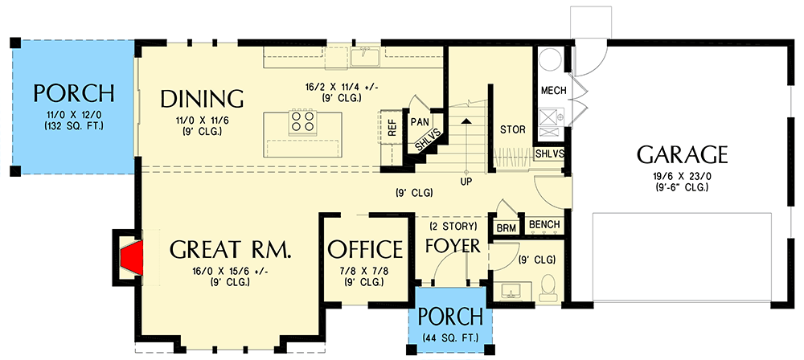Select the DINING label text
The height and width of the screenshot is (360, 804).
tap(202, 98)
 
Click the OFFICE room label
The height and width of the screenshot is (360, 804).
tap(365, 249)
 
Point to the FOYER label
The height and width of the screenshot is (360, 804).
tap(453, 244)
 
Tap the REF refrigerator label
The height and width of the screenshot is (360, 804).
tap(392, 126)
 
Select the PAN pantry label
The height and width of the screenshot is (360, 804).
tap(419, 121)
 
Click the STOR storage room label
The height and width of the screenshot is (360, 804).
tap(512, 129)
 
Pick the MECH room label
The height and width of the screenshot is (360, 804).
tap(553, 90)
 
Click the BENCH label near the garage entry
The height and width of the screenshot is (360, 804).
tap(544, 224)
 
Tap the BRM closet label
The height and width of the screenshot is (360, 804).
tap(507, 228)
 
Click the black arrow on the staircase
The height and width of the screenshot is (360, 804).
tap(466, 121)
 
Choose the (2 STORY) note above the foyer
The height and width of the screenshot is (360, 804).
tap(452, 226)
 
